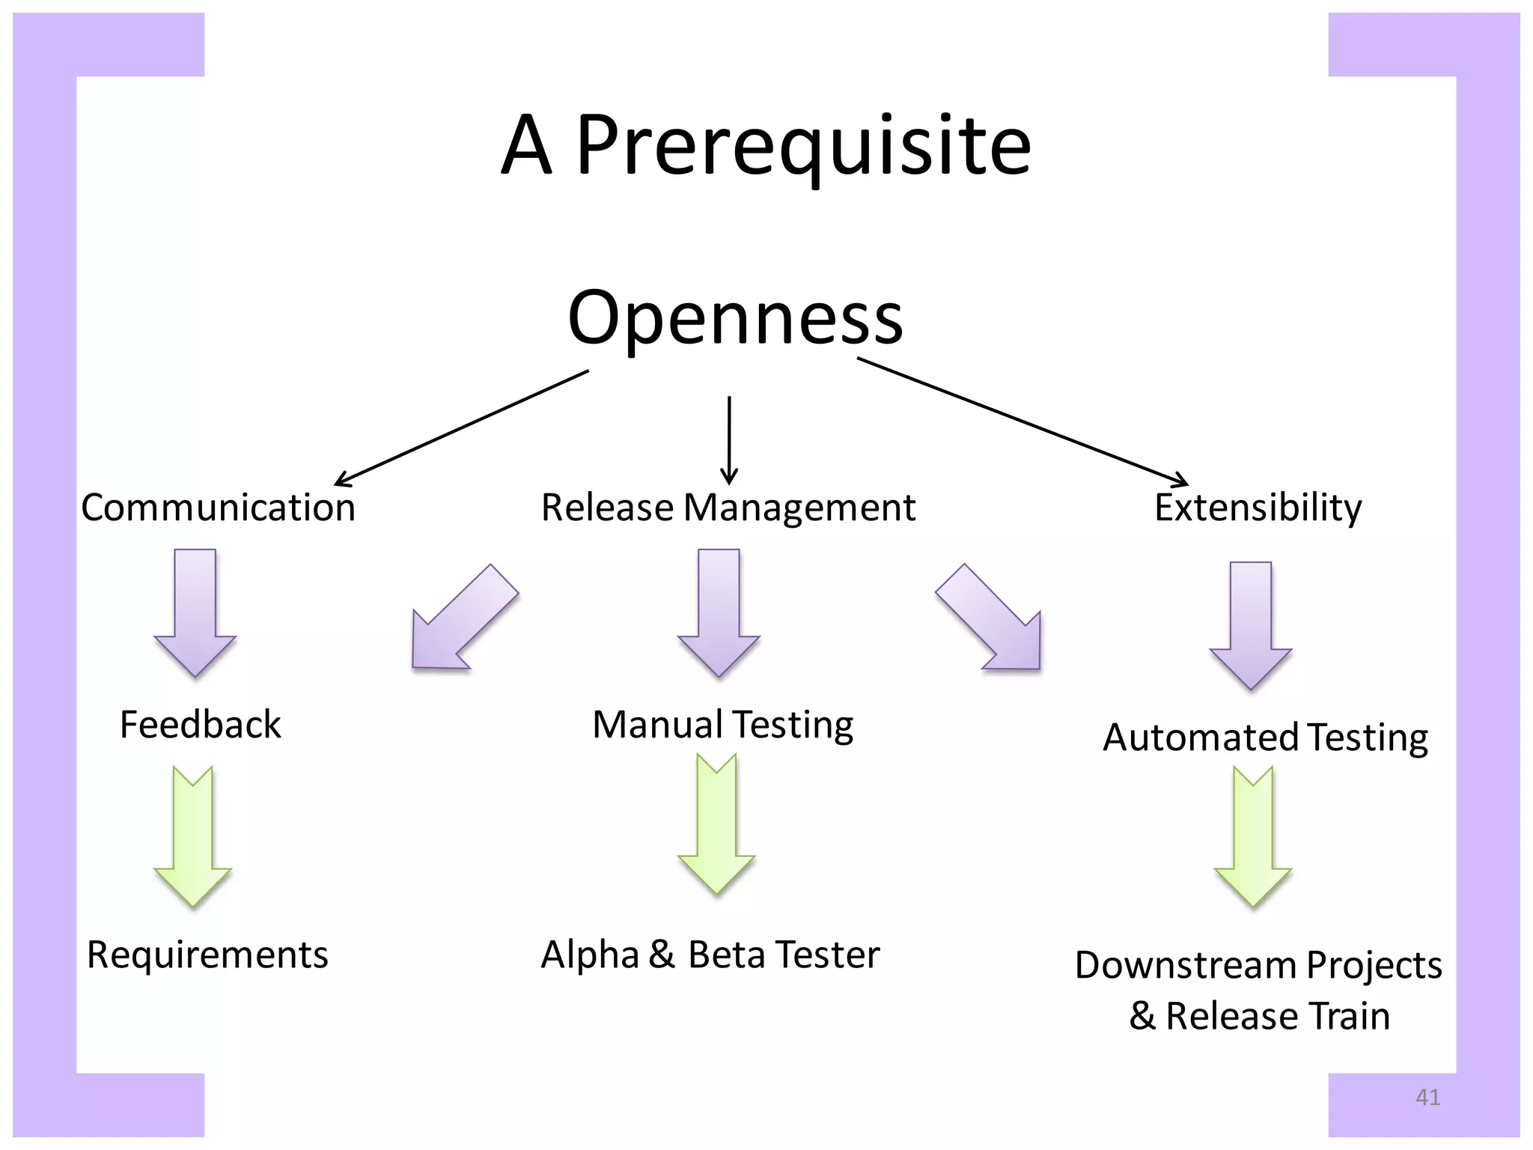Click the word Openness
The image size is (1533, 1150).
tap(735, 318)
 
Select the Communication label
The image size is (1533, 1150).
tap(218, 508)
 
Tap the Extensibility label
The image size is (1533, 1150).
tap(1258, 508)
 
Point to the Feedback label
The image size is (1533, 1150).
tap(200, 725)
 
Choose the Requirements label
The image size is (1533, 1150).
tap(207, 955)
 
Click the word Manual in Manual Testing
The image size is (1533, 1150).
tap(657, 725)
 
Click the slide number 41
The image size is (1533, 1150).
tap(1427, 1097)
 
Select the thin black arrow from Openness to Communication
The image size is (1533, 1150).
tap(460, 428)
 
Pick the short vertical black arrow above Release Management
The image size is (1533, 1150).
tap(729, 440)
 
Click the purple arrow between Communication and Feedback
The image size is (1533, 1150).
tap(195, 612)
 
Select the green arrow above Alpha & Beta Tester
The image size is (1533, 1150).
tap(716, 824)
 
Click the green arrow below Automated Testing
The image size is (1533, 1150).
tap(1253, 837)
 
